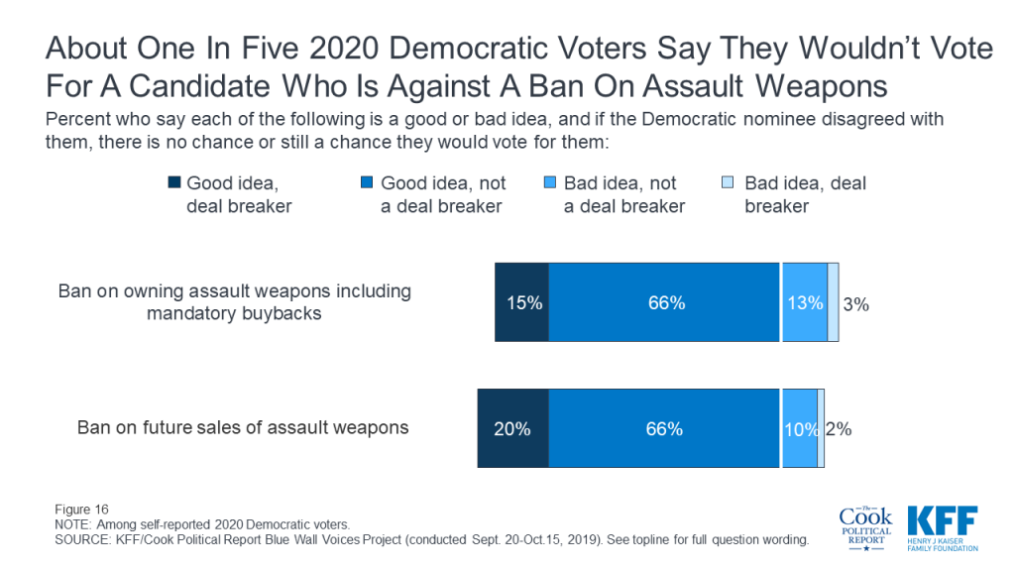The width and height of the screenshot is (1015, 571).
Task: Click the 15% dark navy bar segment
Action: coord(521,302)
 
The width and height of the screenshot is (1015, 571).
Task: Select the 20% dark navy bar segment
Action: coord(512,428)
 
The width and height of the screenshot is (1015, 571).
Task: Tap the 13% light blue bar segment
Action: coord(805,302)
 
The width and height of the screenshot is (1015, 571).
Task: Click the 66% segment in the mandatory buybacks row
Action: coord(664,302)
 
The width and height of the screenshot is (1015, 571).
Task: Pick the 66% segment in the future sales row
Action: coord(664,428)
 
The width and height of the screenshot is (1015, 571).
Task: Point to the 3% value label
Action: coord(855,304)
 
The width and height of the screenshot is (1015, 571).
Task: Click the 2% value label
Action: coord(839,429)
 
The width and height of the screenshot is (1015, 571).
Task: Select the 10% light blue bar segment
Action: coord(800,428)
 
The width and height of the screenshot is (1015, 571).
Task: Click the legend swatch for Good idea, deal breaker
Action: coord(174,182)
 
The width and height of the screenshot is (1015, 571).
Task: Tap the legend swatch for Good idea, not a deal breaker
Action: coord(367,182)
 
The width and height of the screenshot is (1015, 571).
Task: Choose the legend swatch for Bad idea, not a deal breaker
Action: coord(549,182)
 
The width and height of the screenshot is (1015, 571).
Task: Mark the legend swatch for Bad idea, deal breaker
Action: coord(729,182)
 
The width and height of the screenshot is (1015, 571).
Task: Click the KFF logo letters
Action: coord(943,521)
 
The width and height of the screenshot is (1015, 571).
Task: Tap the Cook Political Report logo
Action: coord(866,528)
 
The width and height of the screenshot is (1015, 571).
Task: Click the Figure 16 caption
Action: coord(81,510)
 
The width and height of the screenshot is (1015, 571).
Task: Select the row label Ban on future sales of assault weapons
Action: coord(243,427)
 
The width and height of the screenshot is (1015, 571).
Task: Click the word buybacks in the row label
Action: coord(281,313)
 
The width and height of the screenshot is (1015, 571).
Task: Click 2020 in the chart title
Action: coord(344,48)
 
